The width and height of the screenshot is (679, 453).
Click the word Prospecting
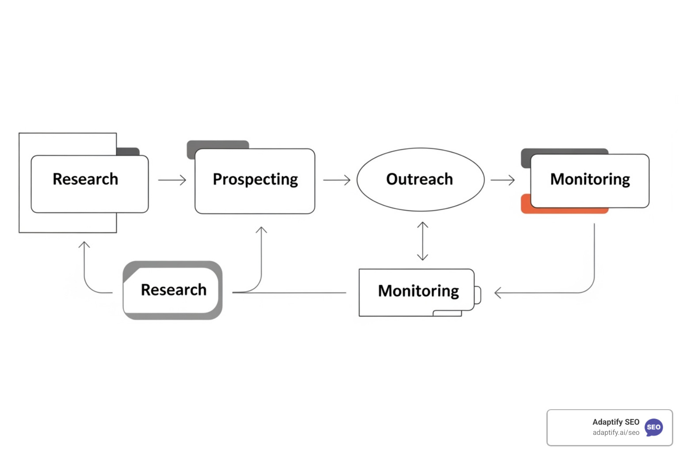(x=255, y=180)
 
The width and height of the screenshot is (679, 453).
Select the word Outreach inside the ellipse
(x=420, y=179)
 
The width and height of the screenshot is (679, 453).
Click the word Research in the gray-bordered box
(x=173, y=290)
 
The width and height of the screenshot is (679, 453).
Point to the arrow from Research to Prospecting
(x=172, y=180)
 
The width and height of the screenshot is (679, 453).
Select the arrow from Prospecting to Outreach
(x=337, y=180)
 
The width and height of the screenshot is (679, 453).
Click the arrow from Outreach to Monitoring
(x=503, y=180)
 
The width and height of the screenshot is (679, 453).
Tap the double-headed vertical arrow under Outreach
(x=423, y=241)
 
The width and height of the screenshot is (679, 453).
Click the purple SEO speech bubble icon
(x=653, y=427)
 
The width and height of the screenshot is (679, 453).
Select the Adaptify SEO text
(x=615, y=422)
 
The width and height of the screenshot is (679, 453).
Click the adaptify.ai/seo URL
(x=616, y=433)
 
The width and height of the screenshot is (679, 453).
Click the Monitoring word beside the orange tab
(x=590, y=180)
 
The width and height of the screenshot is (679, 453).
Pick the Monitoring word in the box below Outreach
(x=418, y=291)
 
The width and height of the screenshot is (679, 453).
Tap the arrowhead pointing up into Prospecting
(x=261, y=230)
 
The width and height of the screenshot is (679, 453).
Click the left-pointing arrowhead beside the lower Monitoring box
(x=498, y=293)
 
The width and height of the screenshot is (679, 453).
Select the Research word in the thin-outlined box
(x=85, y=179)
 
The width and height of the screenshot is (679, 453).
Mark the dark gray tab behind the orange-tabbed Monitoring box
(x=564, y=151)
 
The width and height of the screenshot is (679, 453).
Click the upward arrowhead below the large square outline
(x=84, y=244)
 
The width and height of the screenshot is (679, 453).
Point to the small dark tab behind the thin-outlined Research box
(x=128, y=151)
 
